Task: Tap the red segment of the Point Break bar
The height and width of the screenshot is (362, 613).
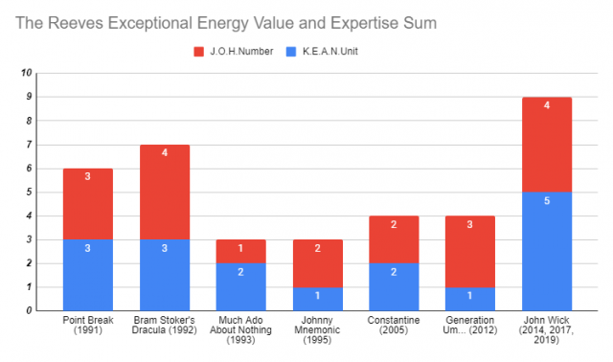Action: pyautogui.click(x=89, y=204)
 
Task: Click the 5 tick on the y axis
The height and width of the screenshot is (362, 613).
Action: pyautogui.click(x=29, y=192)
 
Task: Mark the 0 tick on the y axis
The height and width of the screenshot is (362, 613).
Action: pyautogui.click(x=29, y=310)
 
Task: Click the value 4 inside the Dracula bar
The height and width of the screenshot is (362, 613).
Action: pyautogui.click(x=165, y=153)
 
